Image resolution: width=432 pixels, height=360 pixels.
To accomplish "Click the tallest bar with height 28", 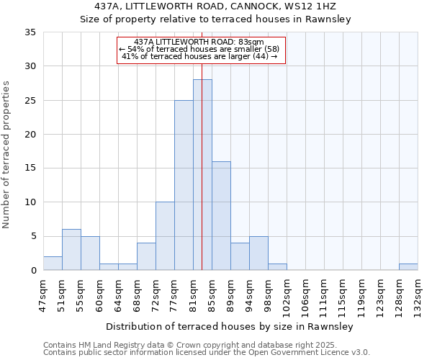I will click(x=202, y=175).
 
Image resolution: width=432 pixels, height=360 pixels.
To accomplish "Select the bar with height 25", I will click(x=184, y=185).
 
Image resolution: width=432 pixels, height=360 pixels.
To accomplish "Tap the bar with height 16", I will click(x=221, y=216).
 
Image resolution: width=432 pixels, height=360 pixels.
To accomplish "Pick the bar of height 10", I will click(x=165, y=236).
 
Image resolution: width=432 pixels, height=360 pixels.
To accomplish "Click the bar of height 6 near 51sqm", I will click(x=71, y=250).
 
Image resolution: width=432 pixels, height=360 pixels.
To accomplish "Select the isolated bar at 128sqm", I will click(x=408, y=267).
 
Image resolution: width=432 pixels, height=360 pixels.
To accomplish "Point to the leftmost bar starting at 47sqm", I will click(x=53, y=264).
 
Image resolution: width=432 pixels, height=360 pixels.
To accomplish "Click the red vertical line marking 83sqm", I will click(x=202, y=144).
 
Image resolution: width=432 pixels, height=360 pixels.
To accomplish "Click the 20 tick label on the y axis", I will click(x=31, y=135).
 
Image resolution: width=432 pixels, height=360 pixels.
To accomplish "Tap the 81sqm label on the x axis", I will click(x=194, y=294).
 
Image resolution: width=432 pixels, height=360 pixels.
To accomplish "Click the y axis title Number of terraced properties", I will click(x=6, y=155).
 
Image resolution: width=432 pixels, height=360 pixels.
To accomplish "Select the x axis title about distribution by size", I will click(x=229, y=326).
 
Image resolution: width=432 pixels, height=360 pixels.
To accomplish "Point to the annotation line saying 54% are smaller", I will click(x=202, y=49).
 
